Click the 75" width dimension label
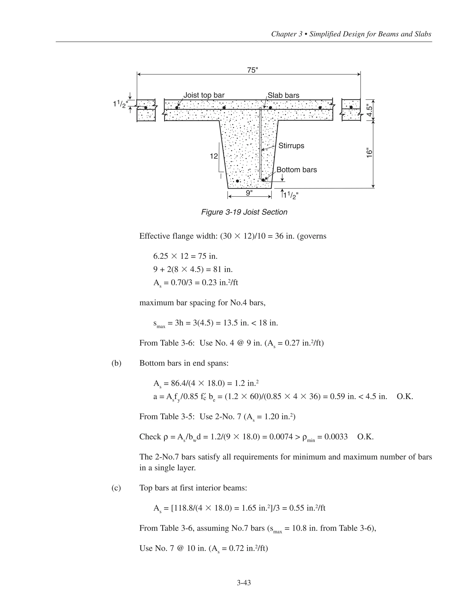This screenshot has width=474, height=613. (x=253, y=70)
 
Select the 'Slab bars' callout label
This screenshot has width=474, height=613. (x=283, y=96)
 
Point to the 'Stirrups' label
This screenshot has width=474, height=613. (x=291, y=146)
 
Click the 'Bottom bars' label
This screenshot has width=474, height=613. (x=296, y=170)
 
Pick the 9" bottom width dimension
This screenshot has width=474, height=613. (x=249, y=193)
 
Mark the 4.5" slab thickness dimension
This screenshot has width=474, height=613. (x=370, y=110)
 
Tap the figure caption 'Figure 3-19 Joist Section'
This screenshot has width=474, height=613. (x=244, y=212)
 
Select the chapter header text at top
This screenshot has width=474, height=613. (x=351, y=34)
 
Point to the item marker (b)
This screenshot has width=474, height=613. (x=116, y=363)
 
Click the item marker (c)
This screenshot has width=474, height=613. (x=116, y=488)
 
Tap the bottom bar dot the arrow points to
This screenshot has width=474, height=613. (x=263, y=180)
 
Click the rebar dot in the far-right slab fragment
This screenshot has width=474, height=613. (x=351, y=107)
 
